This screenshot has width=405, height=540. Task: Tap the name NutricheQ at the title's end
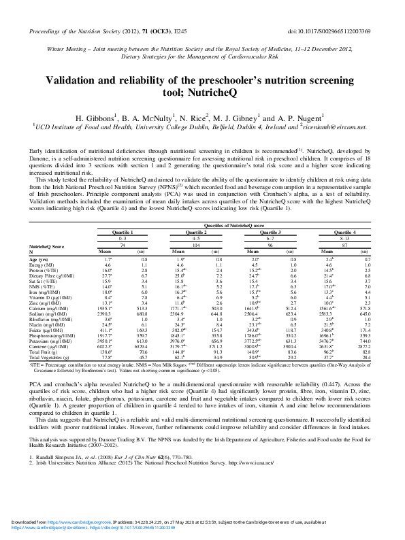tap(230, 94)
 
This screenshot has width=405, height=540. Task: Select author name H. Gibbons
tap(100, 116)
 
